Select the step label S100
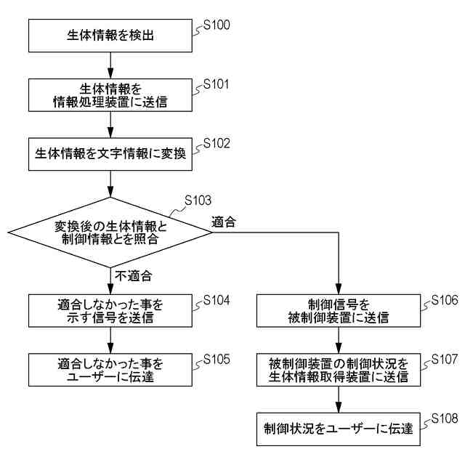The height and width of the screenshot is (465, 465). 216,25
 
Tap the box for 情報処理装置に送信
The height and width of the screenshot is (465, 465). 110,94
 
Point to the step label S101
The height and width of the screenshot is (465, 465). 216,84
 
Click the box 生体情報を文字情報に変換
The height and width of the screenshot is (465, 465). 110,154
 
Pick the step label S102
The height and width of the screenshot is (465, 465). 216,143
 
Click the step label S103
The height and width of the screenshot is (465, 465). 198,200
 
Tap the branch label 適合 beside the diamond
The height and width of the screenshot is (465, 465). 223,222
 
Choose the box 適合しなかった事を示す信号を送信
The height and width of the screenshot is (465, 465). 110,310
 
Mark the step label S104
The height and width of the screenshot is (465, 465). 216,300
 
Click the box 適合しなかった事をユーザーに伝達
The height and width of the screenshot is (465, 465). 110,370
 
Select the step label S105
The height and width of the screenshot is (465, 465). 216,360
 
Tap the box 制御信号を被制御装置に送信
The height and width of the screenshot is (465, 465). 339,310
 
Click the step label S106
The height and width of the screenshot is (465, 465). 444,300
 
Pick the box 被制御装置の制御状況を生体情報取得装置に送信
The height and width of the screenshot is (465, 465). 339,370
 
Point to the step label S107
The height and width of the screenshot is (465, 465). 444,360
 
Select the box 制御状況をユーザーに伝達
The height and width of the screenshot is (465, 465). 339,429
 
